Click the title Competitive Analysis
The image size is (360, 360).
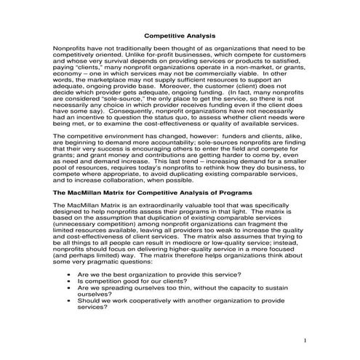tap(180, 34)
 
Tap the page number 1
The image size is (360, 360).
tap(307, 340)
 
